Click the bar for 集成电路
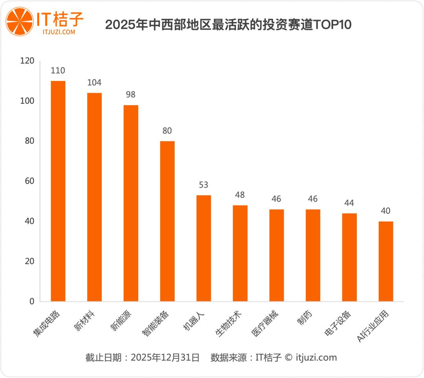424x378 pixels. point(58,191)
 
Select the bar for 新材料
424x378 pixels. point(94,197)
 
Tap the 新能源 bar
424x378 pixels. point(131,203)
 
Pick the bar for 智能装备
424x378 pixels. point(167,221)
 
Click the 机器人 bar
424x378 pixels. point(203,248)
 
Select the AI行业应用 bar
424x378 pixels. point(386,261)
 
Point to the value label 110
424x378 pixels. point(58,71)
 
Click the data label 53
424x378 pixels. point(203,185)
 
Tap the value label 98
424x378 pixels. point(131,95)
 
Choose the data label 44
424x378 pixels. point(349,203)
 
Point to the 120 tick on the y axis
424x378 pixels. point(28,61)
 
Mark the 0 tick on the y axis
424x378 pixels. point(32,301)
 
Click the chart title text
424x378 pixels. point(228,25)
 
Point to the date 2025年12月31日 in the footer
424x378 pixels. point(165,358)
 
